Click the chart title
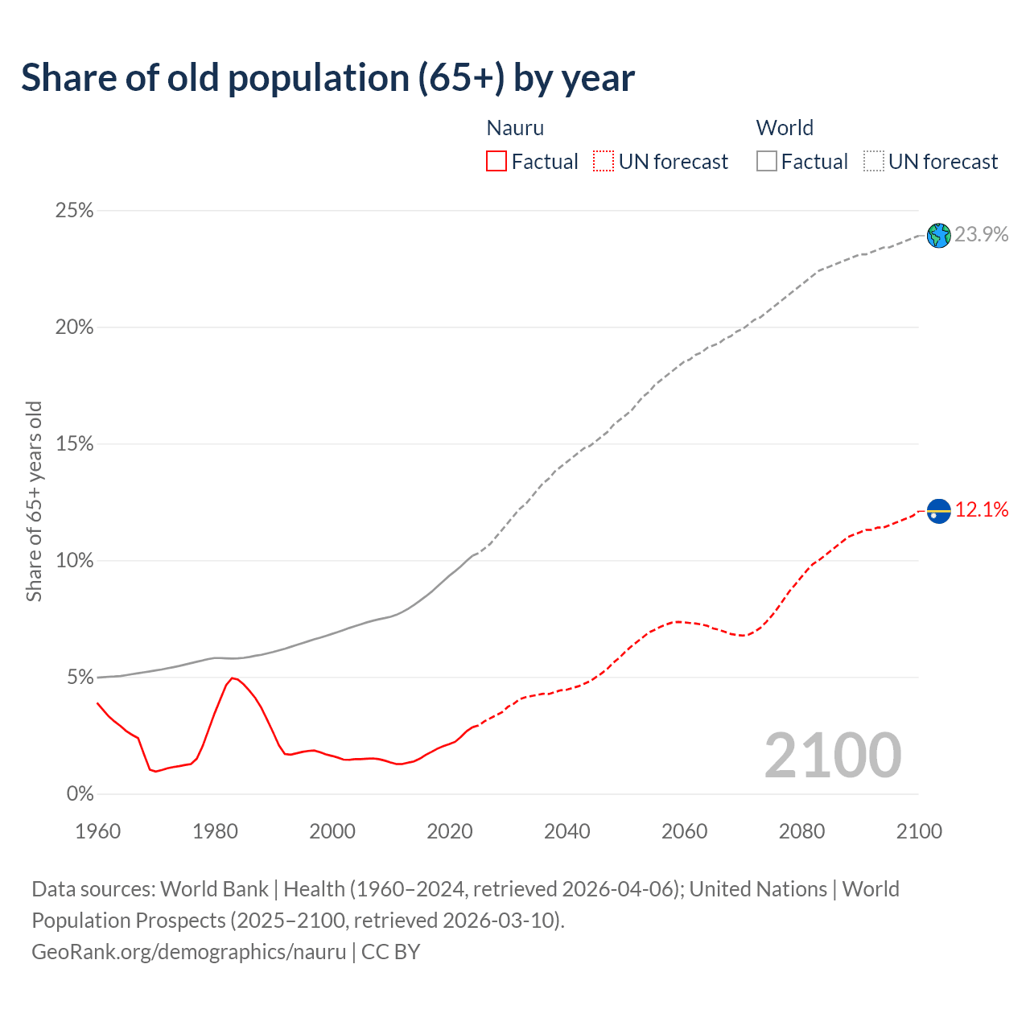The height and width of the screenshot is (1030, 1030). [328, 78]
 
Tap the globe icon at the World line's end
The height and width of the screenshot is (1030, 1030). [938, 236]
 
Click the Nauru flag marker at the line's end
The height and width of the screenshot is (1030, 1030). [938, 511]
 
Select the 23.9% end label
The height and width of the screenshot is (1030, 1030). [982, 234]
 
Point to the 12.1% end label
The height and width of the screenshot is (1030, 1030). [982, 509]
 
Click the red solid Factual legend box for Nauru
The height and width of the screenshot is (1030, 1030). [496, 162]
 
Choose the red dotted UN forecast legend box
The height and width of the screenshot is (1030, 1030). [604, 162]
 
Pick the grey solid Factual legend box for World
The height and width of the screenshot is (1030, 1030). [767, 162]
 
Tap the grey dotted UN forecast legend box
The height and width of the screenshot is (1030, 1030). [874, 162]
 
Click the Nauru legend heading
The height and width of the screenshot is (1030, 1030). [515, 128]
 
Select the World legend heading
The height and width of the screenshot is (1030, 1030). [785, 128]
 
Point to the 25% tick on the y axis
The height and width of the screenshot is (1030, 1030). [74, 211]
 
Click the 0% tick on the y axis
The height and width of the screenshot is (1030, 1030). [80, 794]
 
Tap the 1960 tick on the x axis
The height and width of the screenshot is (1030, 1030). [97, 831]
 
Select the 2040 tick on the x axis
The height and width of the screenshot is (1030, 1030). [567, 831]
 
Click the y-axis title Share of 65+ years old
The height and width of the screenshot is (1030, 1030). [34, 501]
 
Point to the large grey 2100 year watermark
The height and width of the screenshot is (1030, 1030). [833, 755]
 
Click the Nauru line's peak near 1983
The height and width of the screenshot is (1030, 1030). [233, 678]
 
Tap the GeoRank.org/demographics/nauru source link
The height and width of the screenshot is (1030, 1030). [189, 952]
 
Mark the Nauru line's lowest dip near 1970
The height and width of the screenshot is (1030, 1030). [155, 772]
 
